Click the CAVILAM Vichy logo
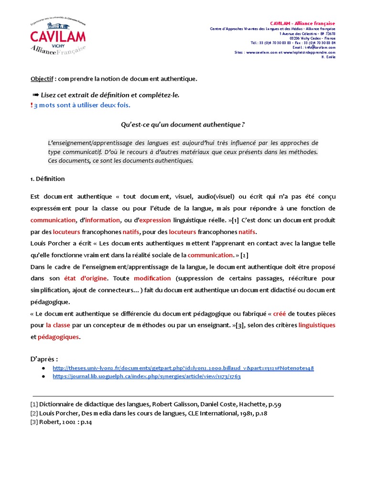click(58, 37)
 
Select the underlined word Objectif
click(42, 78)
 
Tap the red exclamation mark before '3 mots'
click(31, 105)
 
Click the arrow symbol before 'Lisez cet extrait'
click(35, 95)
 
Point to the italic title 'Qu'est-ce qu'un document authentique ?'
click(183, 125)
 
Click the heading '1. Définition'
click(47, 179)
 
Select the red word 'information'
click(102, 220)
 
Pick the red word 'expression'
click(155, 220)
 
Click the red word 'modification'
click(152, 278)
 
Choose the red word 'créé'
click(279, 313)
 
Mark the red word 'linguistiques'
click(317, 325)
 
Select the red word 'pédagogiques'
click(59, 337)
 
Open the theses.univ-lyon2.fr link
click(183, 368)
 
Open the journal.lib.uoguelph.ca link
click(146, 376)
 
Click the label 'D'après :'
click(44, 358)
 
